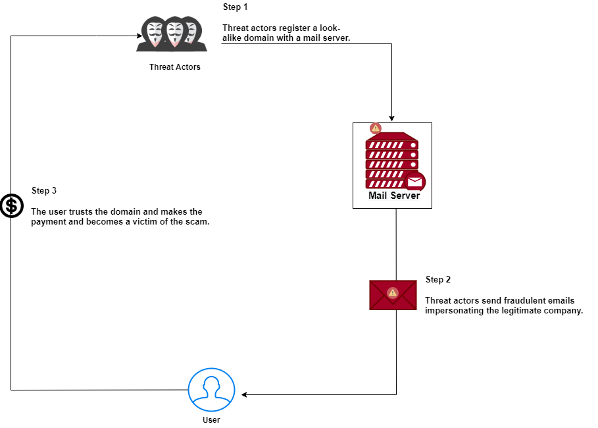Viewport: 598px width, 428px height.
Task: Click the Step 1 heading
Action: pos(236,7)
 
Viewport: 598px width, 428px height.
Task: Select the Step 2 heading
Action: pos(438,279)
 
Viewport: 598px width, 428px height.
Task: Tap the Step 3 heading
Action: pos(44,190)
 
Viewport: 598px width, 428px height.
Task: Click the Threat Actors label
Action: pos(175,67)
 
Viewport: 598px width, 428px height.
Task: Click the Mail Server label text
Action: pos(393,196)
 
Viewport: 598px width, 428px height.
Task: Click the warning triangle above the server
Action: pos(376,128)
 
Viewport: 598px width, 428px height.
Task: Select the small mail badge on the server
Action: pos(414,182)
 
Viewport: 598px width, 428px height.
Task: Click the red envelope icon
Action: pos(393,294)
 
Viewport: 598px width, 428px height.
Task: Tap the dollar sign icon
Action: pos(11,206)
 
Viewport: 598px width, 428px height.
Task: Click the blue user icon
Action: pos(211,389)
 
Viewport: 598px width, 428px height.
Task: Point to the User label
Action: pos(211,419)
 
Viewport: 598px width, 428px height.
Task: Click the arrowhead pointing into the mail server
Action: pos(392,118)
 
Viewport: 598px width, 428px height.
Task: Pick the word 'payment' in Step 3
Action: pos(49,222)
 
